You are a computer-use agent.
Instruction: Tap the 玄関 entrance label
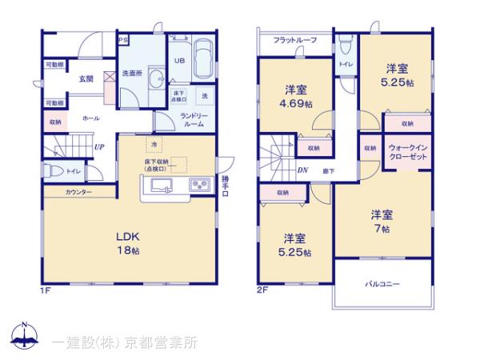click(86, 78)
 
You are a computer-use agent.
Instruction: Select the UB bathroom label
click(177, 58)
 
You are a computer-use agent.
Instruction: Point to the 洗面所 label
click(131, 74)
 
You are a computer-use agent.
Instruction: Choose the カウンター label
click(78, 193)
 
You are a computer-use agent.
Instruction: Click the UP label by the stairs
click(98, 146)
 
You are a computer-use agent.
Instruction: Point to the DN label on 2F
click(302, 170)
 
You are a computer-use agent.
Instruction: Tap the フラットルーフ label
click(294, 40)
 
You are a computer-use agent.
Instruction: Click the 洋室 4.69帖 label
click(296, 96)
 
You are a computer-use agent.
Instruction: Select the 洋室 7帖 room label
click(381, 221)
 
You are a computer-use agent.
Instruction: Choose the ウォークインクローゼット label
click(407, 152)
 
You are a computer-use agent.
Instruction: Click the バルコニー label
click(382, 284)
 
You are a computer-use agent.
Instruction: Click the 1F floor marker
click(45, 289)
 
